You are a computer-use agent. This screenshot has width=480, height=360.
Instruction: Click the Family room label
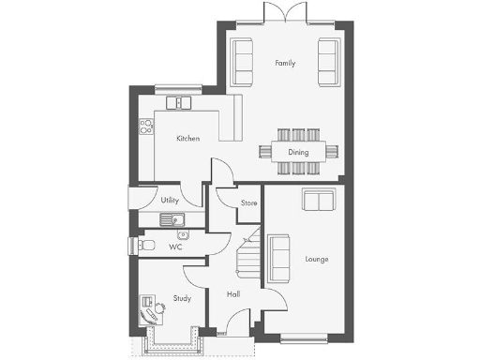click(285, 64)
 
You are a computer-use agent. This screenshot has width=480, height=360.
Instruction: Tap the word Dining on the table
click(298, 151)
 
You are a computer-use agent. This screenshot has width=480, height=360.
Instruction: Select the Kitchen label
click(188, 139)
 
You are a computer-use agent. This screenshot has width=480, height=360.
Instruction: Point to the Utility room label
click(170, 201)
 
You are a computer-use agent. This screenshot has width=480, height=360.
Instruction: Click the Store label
click(248, 202)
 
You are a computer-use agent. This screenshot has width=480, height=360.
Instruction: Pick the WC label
click(175, 247)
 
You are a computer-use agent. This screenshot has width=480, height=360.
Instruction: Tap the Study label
click(182, 299)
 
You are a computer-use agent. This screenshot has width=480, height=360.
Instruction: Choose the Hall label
click(233, 294)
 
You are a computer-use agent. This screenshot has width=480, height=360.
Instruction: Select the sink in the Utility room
click(174, 220)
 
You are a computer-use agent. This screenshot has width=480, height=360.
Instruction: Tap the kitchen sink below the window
click(178, 103)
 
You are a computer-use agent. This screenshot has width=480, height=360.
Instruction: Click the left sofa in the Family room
click(243, 60)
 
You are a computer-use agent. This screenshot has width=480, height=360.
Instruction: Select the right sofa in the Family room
click(328, 60)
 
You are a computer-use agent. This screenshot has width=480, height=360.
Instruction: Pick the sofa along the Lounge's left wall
click(279, 258)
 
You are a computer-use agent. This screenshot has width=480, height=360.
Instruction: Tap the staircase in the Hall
click(247, 253)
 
